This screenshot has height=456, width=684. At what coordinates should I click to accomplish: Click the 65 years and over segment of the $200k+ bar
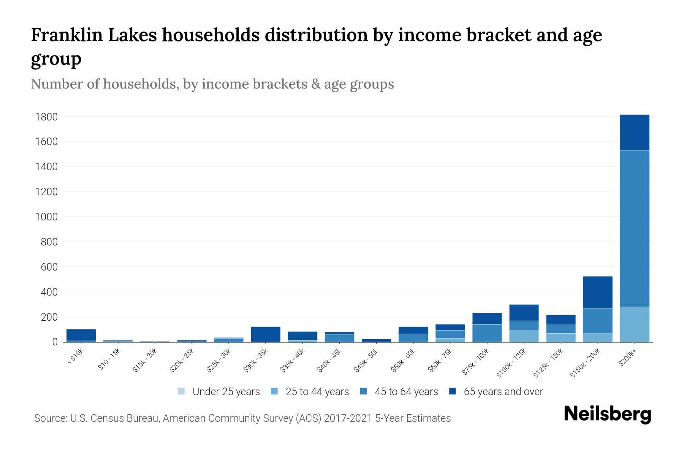click(634, 132)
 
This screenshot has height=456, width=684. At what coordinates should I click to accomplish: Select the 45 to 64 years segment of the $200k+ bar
click(634, 228)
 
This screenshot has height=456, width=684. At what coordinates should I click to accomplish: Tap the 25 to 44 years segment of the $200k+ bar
click(634, 324)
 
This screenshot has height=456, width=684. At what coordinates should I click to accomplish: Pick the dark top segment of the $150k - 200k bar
click(597, 292)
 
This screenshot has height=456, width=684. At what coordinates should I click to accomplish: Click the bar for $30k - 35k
click(266, 334)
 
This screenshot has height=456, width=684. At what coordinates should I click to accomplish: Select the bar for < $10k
click(81, 335)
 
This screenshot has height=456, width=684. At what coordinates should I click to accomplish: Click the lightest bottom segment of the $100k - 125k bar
click(524, 336)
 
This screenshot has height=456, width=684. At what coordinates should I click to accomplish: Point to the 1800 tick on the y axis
click(46, 117)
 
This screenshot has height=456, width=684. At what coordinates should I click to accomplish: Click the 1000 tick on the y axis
click(46, 217)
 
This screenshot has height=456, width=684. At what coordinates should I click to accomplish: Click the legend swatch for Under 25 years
click(181, 391)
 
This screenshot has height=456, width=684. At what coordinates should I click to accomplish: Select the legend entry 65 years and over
click(503, 392)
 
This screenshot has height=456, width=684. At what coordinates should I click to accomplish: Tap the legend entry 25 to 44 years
click(317, 392)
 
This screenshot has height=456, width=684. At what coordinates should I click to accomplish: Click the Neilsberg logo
click(607, 414)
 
